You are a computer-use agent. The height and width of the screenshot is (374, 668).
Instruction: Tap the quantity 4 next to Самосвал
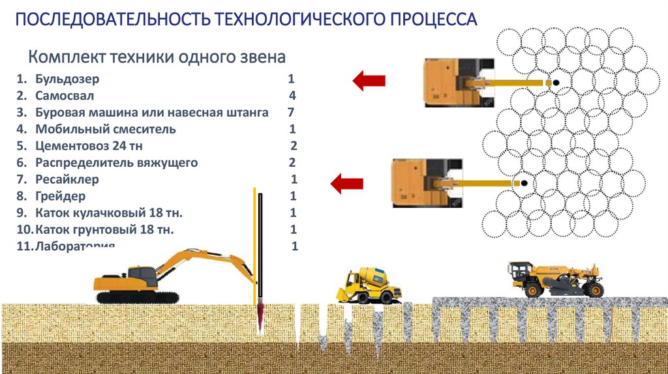(x=292, y=96)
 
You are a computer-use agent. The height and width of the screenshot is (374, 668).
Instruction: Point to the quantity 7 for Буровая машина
(x=290, y=113)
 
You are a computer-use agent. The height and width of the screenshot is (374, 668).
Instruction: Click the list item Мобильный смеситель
(x=105, y=129)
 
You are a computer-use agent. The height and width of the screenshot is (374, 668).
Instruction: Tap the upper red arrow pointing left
(x=369, y=81)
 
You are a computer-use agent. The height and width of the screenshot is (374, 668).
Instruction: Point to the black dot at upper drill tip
(x=556, y=83)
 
